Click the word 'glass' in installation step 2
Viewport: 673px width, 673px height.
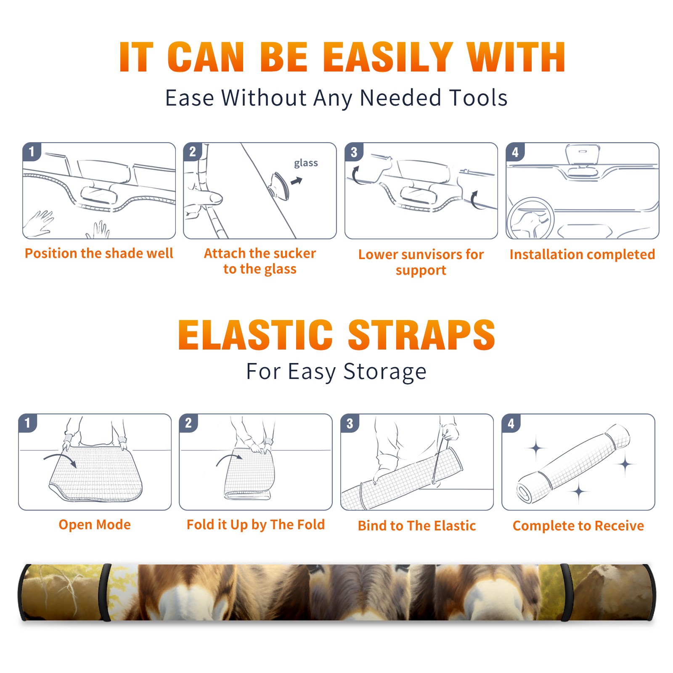coord(306,163)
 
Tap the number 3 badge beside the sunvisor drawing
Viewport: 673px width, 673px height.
coord(354,152)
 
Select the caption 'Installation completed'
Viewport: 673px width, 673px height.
coord(582,254)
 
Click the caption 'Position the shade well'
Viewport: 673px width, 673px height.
coord(99,253)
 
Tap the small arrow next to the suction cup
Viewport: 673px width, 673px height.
coord(297,181)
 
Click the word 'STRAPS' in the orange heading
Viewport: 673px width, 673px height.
coord(421,335)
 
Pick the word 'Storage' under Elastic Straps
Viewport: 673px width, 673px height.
coord(385,372)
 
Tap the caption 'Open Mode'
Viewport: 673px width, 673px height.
coord(95,525)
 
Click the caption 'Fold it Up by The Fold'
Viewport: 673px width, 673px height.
coord(256,525)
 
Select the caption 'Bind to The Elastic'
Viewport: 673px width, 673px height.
coord(417,526)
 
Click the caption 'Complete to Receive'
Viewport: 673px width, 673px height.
coord(578,526)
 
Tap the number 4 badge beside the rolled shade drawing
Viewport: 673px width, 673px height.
coord(511,423)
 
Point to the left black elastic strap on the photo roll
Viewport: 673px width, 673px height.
coord(106,592)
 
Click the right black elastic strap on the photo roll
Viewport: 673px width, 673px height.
coord(565,592)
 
